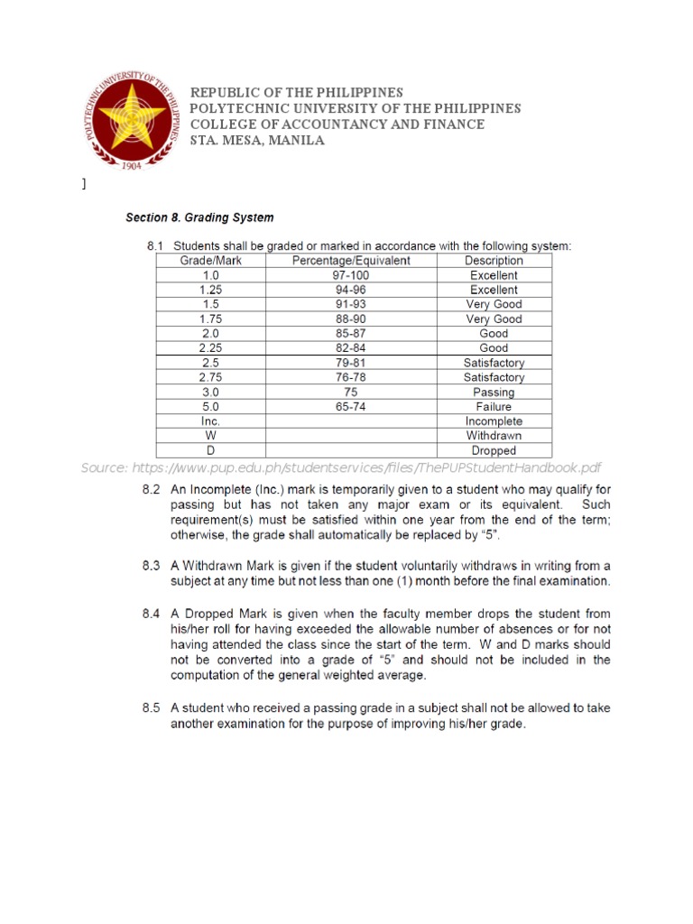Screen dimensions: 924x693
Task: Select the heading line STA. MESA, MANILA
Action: [256, 141]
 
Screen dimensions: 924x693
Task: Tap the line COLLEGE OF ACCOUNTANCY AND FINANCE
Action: [336, 125]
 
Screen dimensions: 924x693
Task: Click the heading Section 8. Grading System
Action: [199, 217]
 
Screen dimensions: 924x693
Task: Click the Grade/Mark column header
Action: [210, 261]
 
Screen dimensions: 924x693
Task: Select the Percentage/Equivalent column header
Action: [351, 261]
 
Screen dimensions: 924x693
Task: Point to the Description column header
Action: [494, 261]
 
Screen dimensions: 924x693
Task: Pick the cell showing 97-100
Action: [351, 275]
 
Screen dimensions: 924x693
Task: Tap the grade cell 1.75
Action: [210, 319]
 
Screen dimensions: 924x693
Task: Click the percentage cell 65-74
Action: [351, 407]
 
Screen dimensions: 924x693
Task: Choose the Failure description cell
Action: [494, 407]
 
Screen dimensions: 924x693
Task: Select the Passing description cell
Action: [494, 393]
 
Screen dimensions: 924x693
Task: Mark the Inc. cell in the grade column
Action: [210, 421]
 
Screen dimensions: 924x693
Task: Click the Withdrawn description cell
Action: [494, 436]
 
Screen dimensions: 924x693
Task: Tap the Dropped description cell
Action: [494, 450]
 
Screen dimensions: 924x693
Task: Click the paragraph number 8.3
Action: [151, 566]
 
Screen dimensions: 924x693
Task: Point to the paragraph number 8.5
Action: [151, 708]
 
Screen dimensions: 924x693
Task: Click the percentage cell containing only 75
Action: [351, 393]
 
